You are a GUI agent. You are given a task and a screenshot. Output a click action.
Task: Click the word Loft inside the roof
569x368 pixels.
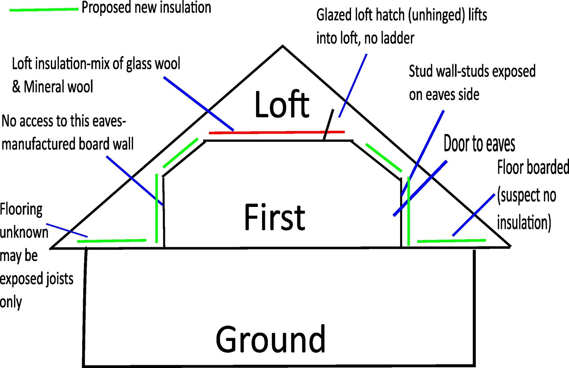[x=282, y=105]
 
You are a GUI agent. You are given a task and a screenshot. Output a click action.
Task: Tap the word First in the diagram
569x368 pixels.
[x=274, y=217]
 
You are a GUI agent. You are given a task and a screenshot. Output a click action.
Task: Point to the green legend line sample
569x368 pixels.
[x=43, y=9]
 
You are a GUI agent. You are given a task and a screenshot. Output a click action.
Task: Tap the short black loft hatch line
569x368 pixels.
[x=329, y=124]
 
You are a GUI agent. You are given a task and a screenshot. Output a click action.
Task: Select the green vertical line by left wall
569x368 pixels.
[x=156, y=208]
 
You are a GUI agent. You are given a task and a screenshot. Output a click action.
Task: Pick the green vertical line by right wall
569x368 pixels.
[x=409, y=211]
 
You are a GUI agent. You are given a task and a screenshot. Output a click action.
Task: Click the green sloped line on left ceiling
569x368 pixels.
[x=180, y=153]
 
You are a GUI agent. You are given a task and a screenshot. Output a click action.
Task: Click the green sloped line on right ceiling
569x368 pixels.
[x=383, y=158]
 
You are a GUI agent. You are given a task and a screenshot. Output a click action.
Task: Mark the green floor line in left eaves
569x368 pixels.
[x=111, y=241]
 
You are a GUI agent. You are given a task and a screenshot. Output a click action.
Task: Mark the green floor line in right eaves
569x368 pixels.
[x=451, y=241]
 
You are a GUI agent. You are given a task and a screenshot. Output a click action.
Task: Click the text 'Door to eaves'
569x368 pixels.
[x=479, y=144]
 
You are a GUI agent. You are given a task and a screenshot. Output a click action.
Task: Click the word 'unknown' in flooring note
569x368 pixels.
[x=24, y=232]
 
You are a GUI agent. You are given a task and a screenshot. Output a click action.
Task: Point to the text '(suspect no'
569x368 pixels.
[x=526, y=196]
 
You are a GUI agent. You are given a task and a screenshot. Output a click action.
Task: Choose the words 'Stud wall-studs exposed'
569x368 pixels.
[x=472, y=71]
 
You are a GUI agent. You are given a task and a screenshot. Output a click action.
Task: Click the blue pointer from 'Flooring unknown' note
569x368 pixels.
[x=67, y=230]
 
